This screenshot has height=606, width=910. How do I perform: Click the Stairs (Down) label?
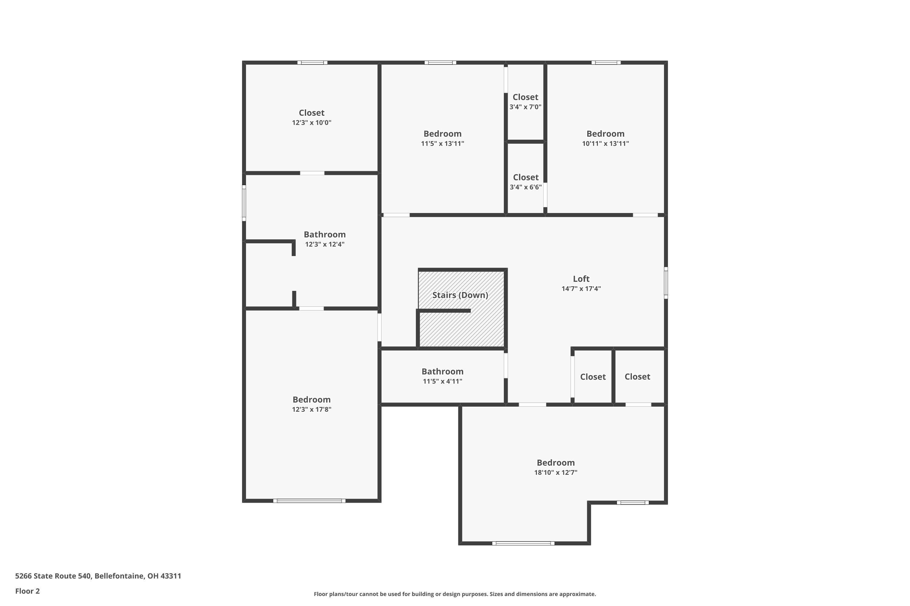[x=460, y=295]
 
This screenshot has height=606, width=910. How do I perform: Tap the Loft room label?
[x=581, y=279]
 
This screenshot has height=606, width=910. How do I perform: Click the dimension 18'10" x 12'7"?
[x=556, y=473]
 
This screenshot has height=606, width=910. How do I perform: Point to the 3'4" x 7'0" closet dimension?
[x=525, y=107]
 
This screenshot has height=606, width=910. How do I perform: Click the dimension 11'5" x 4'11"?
[x=443, y=381]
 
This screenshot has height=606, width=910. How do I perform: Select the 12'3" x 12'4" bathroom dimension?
[x=325, y=244]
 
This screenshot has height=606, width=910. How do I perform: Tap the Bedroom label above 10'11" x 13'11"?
[x=605, y=134]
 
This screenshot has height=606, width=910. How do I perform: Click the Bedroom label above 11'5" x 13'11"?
[x=443, y=134]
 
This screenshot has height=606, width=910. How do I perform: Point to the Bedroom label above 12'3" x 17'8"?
[x=312, y=400]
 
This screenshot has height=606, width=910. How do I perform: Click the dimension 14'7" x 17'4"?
[x=581, y=289]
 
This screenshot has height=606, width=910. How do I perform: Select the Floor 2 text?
[x=28, y=591]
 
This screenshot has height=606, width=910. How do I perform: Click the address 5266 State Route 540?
[x=53, y=576]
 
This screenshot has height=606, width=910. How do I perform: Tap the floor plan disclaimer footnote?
[x=455, y=594]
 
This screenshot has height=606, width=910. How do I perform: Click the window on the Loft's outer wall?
[x=666, y=282]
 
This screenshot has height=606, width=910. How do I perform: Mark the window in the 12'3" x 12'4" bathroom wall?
[x=244, y=203]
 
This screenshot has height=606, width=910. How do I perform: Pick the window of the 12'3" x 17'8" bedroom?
[x=309, y=501]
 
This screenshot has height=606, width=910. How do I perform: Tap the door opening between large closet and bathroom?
[x=312, y=173]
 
